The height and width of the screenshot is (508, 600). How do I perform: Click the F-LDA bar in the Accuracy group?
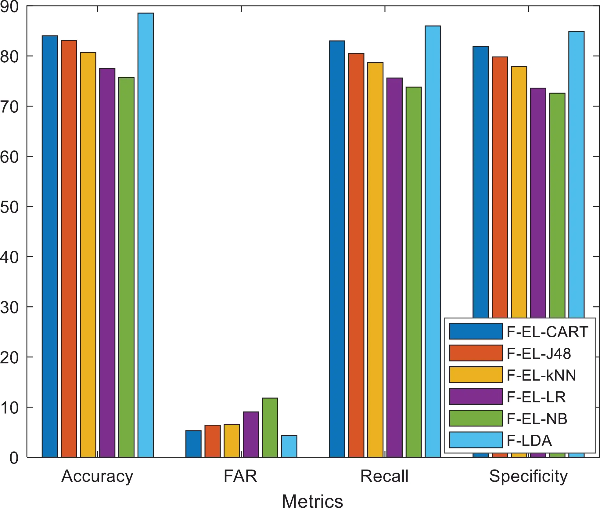click(x=146, y=235)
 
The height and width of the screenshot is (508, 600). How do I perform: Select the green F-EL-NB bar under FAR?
click(x=270, y=427)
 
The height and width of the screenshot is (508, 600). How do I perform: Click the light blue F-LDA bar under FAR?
click(x=289, y=446)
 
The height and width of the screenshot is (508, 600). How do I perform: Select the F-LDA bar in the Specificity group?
click(x=577, y=174)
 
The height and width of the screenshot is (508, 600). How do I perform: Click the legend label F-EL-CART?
click(x=547, y=332)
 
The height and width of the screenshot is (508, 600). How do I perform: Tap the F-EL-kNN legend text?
click(x=541, y=375)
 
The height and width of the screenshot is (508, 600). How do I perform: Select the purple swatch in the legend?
click(x=476, y=396)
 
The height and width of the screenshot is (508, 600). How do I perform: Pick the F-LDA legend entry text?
click(x=529, y=440)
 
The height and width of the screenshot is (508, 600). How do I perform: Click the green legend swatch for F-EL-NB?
click(x=476, y=418)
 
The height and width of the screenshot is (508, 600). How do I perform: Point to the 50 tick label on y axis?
click(x=10, y=207)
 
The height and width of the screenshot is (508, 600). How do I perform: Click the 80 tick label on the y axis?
click(x=10, y=57)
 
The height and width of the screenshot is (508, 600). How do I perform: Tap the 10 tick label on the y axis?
click(x=10, y=408)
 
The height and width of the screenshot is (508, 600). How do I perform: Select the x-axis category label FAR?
click(x=240, y=476)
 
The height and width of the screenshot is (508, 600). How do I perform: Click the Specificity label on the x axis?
click(x=528, y=476)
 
